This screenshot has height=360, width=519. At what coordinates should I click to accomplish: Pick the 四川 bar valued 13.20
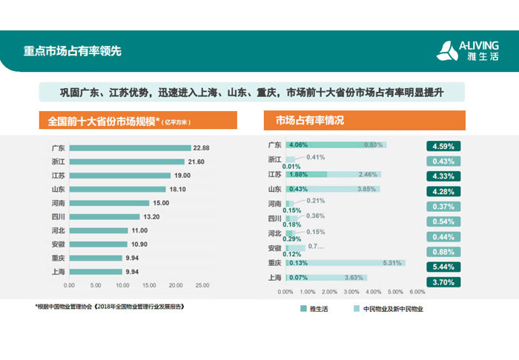point(104,217)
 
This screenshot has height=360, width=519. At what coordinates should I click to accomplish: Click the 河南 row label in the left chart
point(56,203)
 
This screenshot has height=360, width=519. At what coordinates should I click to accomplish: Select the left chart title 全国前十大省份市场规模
point(101,120)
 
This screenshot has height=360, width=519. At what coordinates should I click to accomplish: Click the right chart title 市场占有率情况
point(310,120)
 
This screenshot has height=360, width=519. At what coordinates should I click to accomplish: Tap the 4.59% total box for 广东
point(443,147)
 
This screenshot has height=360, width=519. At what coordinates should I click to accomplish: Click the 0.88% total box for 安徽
point(443,251)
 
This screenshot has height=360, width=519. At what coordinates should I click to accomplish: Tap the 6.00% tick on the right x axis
point(417,291)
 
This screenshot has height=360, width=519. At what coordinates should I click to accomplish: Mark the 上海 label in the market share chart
point(274,278)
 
